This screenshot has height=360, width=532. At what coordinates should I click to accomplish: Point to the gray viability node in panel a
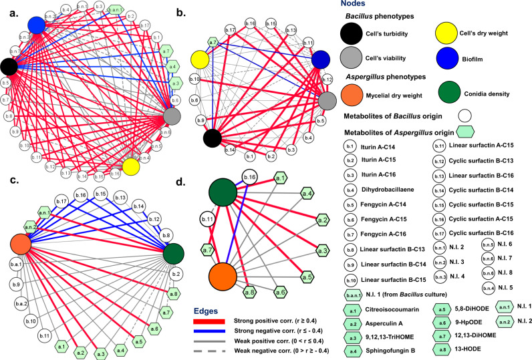tap(172, 118)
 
